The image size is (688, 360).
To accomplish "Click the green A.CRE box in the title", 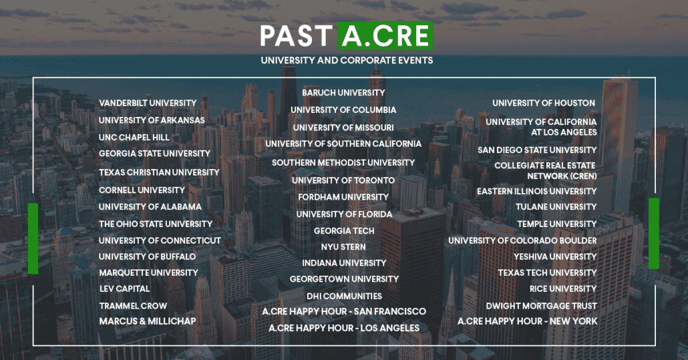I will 385,36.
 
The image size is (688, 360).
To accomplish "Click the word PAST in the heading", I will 296,36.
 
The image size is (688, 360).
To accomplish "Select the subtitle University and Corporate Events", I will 347,60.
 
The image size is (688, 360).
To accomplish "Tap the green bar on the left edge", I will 33,238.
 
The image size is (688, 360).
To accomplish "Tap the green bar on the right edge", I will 653,234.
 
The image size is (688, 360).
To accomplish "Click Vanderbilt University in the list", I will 148,103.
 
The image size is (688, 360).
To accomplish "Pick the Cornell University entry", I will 142,190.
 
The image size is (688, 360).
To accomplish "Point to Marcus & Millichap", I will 148,321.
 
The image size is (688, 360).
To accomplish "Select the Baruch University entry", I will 343,93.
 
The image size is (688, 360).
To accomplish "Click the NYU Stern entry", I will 343,247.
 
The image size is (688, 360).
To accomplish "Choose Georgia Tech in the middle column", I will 343,231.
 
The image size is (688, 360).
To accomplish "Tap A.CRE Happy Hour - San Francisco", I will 343,311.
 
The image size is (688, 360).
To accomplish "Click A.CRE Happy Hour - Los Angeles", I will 343,328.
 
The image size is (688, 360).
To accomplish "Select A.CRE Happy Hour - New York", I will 527,321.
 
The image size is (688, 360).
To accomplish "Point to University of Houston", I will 544,103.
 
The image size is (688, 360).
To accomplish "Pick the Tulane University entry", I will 556,207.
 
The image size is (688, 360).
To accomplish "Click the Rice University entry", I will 562,289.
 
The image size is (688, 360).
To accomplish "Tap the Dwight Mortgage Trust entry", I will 541,306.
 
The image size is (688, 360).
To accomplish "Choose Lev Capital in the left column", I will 124,289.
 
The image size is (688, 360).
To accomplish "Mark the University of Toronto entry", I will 343,180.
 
